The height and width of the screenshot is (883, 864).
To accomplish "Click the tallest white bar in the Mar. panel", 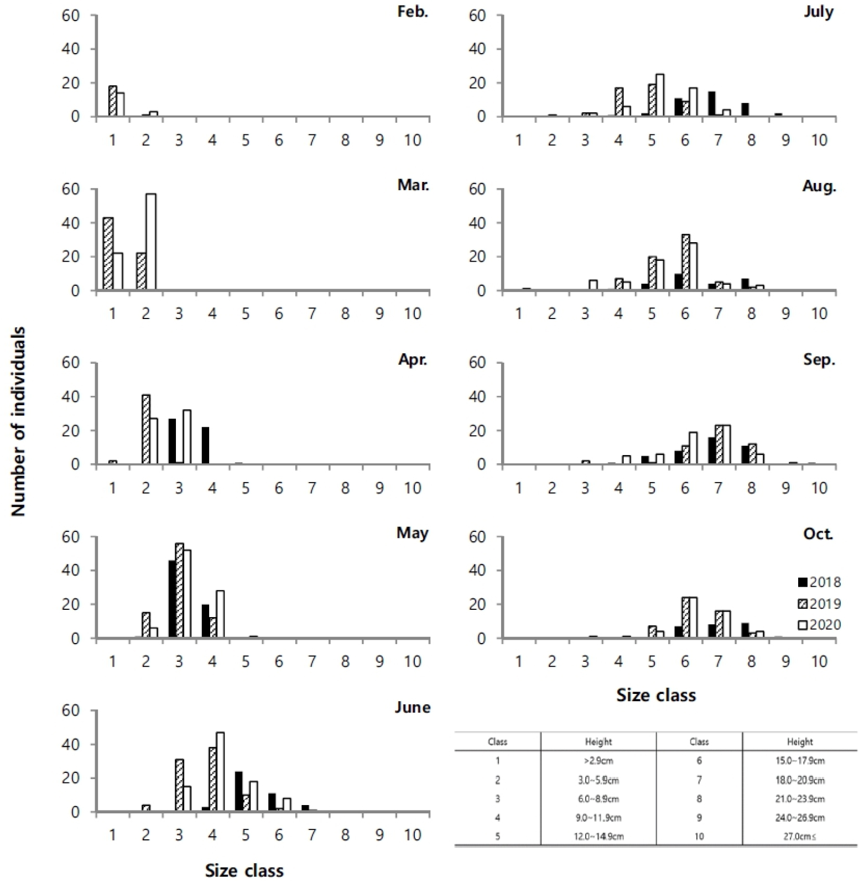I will coord(150,242).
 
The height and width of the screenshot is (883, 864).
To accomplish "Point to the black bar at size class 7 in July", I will coord(711,104).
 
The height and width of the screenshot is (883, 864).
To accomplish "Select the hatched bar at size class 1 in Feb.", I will coord(113,101).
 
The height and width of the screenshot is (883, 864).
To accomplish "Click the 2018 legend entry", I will coord(819,582).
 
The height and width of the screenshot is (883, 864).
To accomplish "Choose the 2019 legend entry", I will coord(819,604).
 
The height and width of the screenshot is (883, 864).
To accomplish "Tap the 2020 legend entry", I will coord(819,625).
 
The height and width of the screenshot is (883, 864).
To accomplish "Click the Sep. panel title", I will coord(819,360).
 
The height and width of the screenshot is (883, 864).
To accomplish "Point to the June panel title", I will coord(412,707).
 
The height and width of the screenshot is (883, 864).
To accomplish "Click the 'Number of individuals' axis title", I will coord(19,421).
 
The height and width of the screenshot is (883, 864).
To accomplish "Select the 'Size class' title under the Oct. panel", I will coord(656,695).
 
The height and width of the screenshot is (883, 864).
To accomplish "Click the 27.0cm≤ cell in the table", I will coord(800,837).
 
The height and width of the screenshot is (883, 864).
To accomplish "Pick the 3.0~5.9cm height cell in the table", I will coord(598,780).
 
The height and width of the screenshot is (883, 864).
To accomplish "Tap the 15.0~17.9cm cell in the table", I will coord(800,761).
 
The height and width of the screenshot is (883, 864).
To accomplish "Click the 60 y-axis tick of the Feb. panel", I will coord(71,15).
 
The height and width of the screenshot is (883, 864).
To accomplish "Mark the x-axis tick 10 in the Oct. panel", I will coord(819,662).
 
